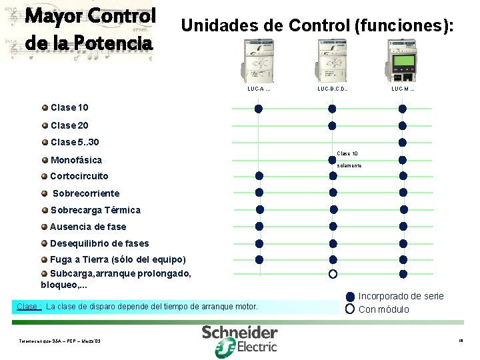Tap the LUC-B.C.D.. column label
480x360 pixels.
(333, 89)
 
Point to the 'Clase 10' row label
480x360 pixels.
(69, 107)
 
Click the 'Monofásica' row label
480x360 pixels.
(76, 160)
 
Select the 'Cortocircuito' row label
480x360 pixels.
(79, 176)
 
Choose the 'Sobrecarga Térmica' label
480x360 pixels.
(95, 210)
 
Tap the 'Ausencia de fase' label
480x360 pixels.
(87, 227)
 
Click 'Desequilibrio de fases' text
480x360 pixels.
(99, 243)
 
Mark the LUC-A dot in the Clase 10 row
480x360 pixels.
(259, 109)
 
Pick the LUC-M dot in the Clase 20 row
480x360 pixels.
(403, 125)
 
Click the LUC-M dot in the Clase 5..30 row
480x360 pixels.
(403, 142)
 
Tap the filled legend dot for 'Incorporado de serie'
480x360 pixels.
(350, 297)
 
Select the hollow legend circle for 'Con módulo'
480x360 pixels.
(350, 309)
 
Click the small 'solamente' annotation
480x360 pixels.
(349, 165)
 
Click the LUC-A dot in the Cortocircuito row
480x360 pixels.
(259, 176)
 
